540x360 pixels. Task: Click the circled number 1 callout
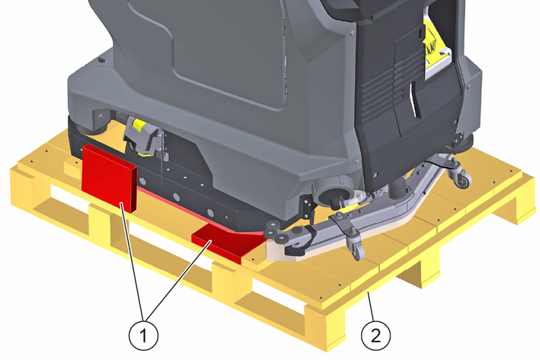pyautogui.click(x=143, y=335)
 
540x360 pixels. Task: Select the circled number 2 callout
pyautogui.click(x=376, y=335)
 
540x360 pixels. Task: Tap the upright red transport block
pyautogui.click(x=109, y=177)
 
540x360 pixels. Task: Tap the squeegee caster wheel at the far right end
pyautogui.click(x=462, y=179)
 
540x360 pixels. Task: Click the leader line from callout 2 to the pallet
pyautogui.click(x=371, y=306)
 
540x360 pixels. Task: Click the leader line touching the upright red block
pyautogui.click(x=132, y=261)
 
